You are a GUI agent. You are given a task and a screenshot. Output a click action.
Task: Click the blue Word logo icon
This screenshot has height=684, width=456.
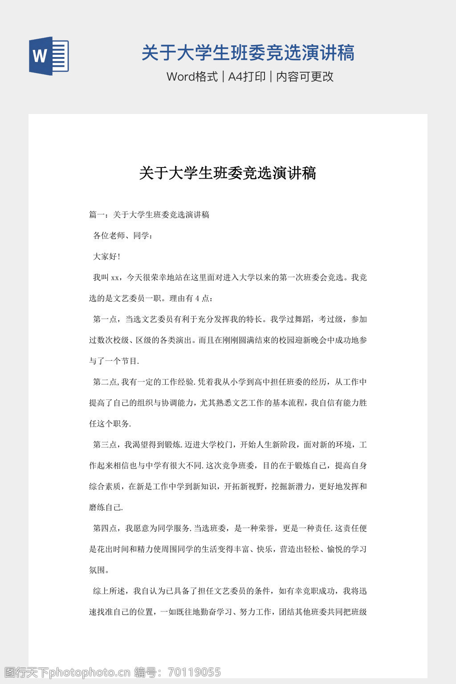pyautogui.click(x=49, y=56)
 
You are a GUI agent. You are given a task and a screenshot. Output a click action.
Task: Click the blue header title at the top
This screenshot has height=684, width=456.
pyautogui.click(x=248, y=53)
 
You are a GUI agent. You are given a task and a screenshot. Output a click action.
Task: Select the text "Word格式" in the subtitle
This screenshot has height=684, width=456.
pyautogui.click(x=192, y=77)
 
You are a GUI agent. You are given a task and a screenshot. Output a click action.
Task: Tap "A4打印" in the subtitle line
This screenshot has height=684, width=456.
pyautogui.click(x=247, y=77)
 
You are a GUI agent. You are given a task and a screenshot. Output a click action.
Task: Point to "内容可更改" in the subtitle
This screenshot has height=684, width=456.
pyautogui.click(x=305, y=77)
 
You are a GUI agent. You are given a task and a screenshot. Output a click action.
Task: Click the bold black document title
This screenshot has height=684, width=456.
pyautogui.click(x=228, y=173)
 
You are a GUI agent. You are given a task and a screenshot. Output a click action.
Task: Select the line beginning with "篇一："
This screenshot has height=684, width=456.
pyautogui.click(x=149, y=215)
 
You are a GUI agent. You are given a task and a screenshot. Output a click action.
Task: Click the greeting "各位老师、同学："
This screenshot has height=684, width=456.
pyautogui.click(x=123, y=236)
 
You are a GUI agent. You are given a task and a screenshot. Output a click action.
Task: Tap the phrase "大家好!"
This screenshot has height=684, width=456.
pyautogui.click(x=106, y=256)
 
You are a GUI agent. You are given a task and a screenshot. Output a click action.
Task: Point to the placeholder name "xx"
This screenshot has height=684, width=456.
pyautogui.click(x=115, y=278)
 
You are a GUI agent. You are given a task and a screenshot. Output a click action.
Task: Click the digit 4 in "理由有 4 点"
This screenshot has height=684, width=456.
pyautogui.click(x=197, y=299)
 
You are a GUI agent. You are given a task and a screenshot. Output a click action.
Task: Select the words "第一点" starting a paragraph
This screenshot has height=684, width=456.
pyautogui.click(x=105, y=319)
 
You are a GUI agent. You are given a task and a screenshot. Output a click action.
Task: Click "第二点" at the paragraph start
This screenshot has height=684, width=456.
pyautogui.click(x=105, y=382)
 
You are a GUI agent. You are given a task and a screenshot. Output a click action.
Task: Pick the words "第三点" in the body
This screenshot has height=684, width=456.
pyautogui.click(x=105, y=445)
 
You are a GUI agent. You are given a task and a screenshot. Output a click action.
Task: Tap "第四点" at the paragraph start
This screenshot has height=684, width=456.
pyautogui.click(x=105, y=529)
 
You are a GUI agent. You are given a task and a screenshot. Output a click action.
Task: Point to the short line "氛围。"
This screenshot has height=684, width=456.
pyautogui.click(x=99, y=570)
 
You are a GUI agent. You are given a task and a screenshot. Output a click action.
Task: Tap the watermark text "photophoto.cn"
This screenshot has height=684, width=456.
pyautogui.click(x=89, y=672)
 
